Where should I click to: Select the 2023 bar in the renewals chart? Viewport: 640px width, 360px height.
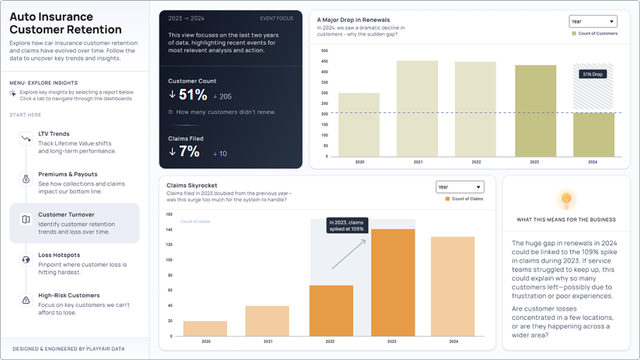point(535,111)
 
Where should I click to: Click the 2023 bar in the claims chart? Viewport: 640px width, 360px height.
point(393,282)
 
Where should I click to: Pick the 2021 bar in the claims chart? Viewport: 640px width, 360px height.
point(267,321)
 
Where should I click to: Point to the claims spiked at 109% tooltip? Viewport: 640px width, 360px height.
point(348,226)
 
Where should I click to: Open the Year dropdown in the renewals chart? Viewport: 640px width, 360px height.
point(593,21)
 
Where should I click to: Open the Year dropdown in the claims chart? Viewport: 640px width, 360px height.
point(459,187)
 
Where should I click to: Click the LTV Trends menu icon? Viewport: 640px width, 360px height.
point(26,139)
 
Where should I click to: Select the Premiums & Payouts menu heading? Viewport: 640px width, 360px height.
point(67,174)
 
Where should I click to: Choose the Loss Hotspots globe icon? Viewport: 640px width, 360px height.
point(26,259)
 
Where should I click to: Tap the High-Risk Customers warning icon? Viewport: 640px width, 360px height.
point(26,300)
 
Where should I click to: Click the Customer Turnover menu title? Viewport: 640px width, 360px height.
point(66,215)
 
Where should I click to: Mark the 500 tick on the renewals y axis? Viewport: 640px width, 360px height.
point(324,51)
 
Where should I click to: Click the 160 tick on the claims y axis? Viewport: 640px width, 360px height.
point(169,215)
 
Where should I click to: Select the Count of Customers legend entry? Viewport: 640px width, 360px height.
point(594,34)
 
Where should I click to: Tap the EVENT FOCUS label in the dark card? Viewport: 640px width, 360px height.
point(276,18)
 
